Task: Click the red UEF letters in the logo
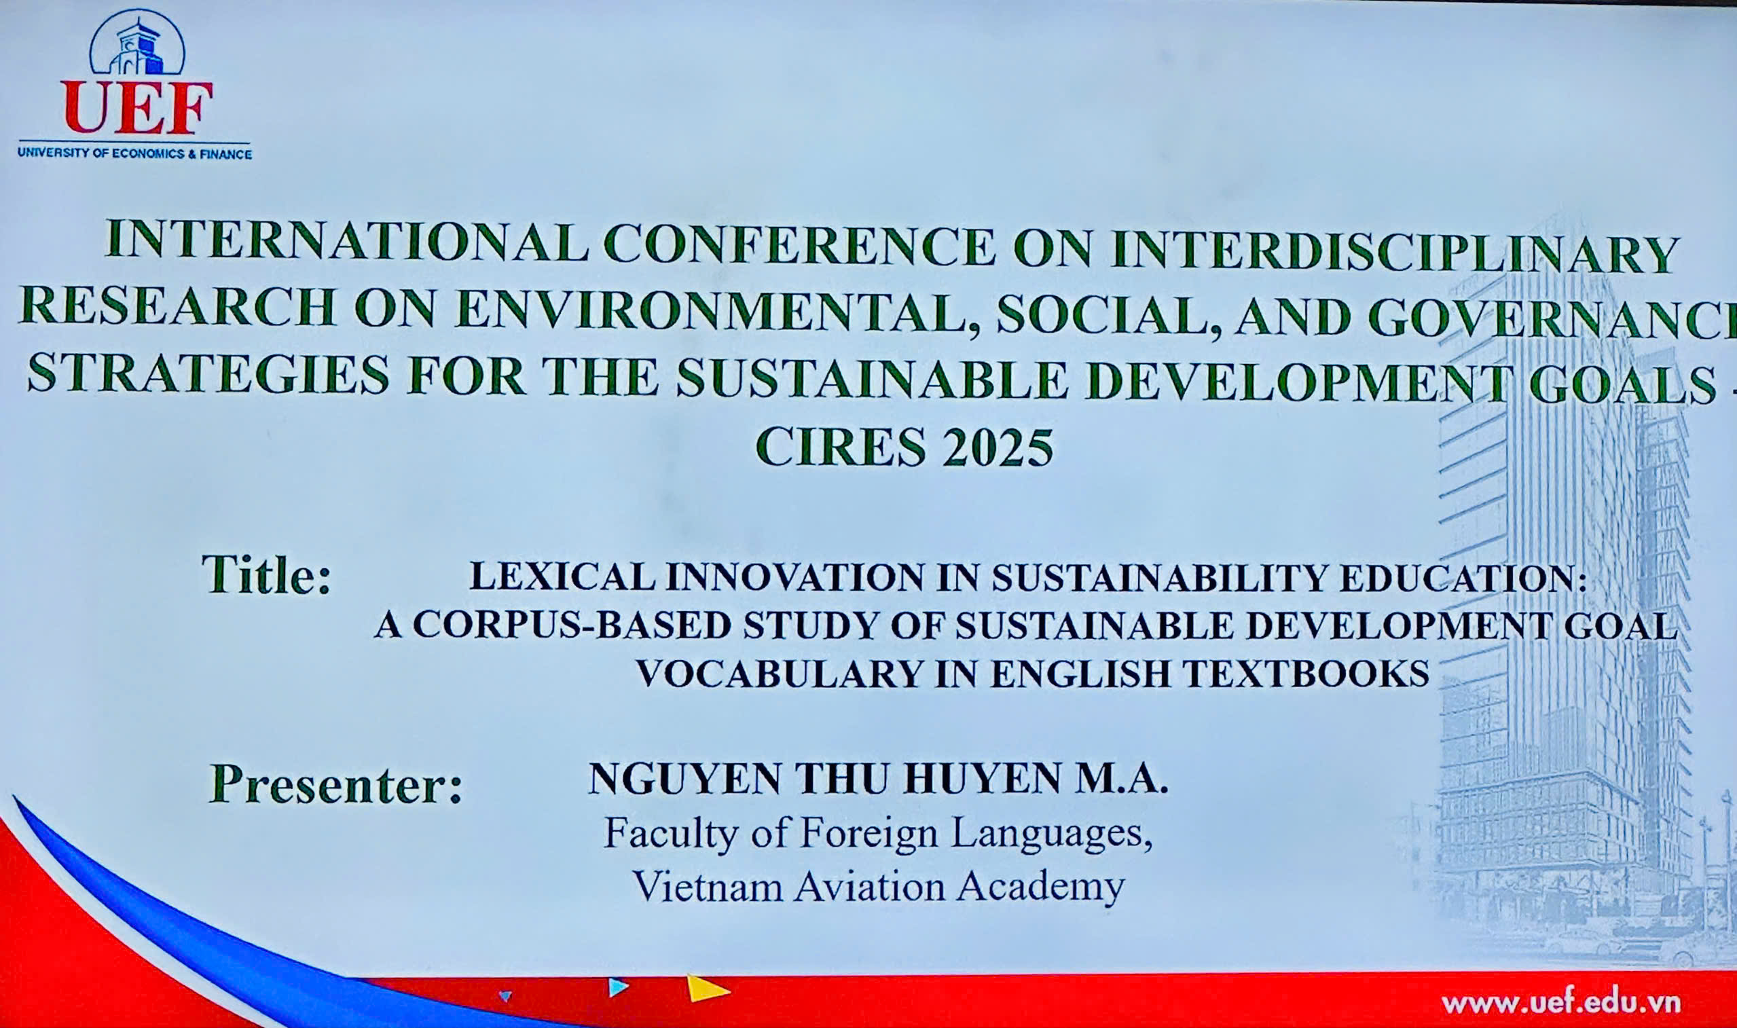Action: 136,108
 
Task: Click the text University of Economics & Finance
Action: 135,153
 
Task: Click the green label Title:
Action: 267,574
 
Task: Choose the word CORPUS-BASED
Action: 572,625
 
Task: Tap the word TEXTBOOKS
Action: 1306,674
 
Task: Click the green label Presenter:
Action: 336,784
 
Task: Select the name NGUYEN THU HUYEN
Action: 824,779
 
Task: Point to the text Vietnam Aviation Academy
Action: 878,888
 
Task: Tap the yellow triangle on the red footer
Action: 706,989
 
